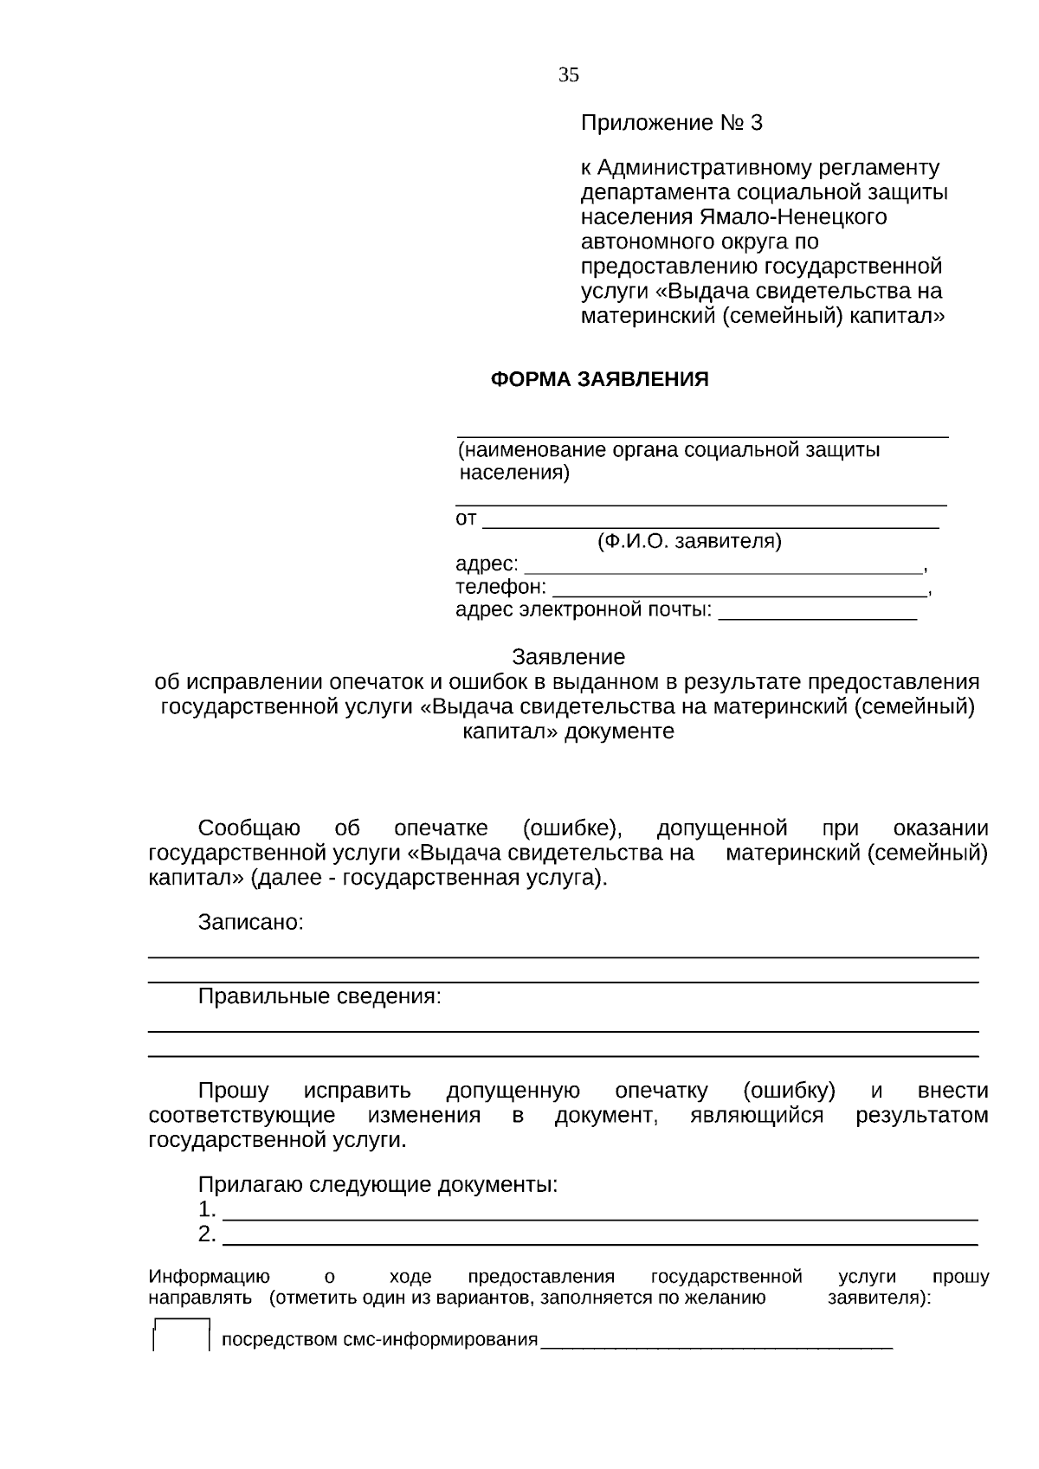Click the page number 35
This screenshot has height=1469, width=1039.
click(x=568, y=75)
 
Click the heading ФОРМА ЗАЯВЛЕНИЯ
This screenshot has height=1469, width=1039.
click(x=599, y=379)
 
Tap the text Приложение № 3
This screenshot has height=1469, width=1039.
click(x=671, y=123)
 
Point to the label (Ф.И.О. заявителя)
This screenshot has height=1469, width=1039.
click(x=689, y=542)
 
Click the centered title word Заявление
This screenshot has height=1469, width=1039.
click(x=568, y=656)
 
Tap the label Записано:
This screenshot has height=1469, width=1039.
click(x=250, y=922)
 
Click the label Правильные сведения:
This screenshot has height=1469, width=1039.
click(x=319, y=996)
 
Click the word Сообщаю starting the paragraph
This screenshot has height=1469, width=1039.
click(x=249, y=828)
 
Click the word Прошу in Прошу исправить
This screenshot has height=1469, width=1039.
click(x=233, y=1091)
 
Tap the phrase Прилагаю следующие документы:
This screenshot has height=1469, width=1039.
click(x=378, y=1184)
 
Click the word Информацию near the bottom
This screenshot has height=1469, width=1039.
click(x=209, y=1277)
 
